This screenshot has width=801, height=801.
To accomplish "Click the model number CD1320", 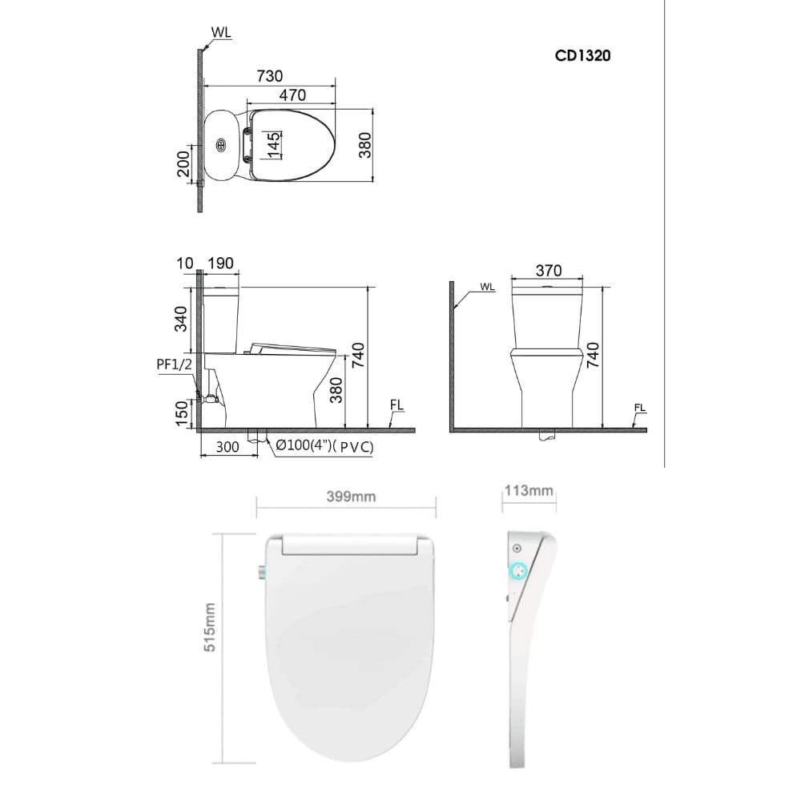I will [584, 56].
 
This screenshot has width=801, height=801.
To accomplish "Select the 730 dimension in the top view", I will [269, 76].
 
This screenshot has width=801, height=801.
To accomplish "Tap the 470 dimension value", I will [292, 95].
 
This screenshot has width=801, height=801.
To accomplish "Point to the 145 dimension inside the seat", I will [274, 147].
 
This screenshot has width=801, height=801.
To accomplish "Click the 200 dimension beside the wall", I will [184, 165].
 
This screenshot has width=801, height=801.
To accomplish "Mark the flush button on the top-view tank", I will [221, 147].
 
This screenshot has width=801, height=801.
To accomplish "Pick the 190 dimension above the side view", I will [219, 264].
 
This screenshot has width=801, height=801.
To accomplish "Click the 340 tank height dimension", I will [182, 319].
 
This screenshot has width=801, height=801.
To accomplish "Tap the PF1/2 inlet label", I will [174, 364].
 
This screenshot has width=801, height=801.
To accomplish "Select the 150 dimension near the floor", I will [182, 413].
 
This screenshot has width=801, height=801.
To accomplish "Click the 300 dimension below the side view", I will [227, 447].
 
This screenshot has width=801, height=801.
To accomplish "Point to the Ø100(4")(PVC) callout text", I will [325, 447].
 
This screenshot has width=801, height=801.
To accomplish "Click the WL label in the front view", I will [488, 286].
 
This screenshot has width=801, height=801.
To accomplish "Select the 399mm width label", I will [351, 497].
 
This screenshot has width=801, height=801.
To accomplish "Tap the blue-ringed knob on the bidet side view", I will [517, 572].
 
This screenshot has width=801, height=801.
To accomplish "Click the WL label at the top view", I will [221, 33].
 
